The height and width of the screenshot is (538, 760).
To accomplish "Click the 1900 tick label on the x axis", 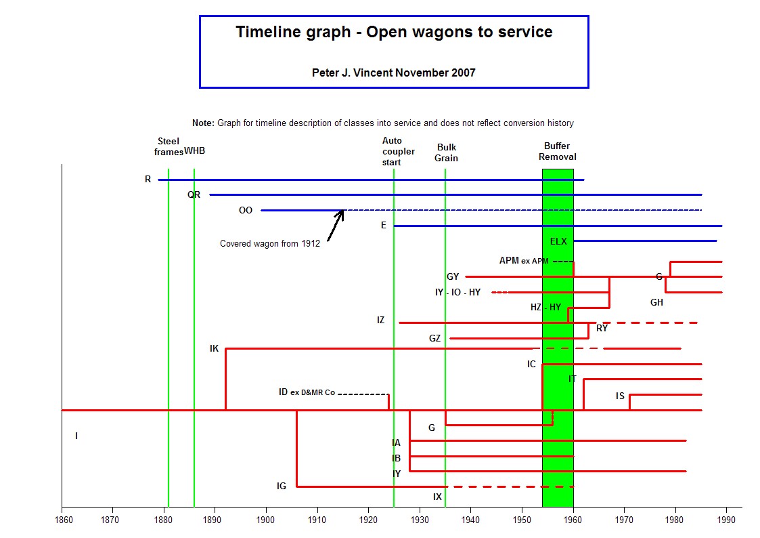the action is (265, 520).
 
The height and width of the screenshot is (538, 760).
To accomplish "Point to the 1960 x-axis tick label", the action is (573, 520).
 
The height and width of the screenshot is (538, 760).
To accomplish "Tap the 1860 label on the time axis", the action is (64, 520).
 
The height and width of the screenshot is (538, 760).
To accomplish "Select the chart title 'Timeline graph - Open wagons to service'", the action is (394, 32).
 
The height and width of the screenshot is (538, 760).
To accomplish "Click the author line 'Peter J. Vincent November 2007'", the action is (394, 73).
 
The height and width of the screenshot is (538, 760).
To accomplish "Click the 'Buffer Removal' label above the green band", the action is (558, 151).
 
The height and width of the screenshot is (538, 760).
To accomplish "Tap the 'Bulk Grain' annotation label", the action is (447, 152).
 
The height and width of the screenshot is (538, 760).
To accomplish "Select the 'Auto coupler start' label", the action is (398, 151).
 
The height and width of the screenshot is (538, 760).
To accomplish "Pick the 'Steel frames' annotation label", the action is (169, 146).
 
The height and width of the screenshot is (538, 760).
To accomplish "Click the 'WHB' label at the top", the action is (194, 151).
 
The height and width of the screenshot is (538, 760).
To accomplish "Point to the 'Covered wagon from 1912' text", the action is (270, 243).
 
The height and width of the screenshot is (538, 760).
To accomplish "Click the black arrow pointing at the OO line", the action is (336, 226).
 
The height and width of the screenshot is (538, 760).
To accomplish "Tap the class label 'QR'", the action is (194, 194).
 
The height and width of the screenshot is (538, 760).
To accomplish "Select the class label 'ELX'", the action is (558, 241).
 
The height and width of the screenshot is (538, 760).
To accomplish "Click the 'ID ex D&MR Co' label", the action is (307, 392).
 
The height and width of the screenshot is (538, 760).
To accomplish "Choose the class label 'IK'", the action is (215, 348).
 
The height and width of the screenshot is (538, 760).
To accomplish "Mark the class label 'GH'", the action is (656, 302).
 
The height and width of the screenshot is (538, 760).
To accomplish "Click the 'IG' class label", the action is (282, 486).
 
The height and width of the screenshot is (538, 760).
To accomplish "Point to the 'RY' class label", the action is (602, 328).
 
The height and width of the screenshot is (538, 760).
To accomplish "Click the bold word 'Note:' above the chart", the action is (203, 123).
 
